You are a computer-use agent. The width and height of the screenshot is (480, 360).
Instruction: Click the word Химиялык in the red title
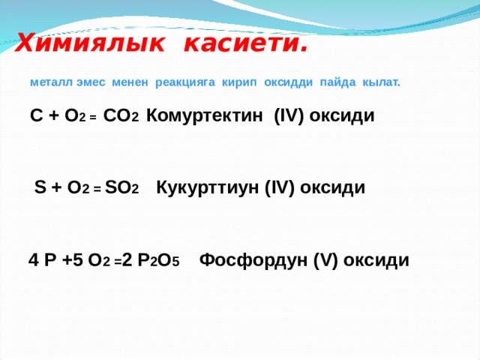(x=90, y=43)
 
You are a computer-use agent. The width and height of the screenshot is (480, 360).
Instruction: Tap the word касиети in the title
(x=245, y=43)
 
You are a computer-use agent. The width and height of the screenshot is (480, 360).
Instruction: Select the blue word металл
(x=52, y=82)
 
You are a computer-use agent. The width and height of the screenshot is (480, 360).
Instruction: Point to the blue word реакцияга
(x=185, y=82)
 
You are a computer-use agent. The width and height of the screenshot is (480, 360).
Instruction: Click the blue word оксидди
(x=288, y=82)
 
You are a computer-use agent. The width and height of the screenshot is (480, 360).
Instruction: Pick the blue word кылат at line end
(x=381, y=82)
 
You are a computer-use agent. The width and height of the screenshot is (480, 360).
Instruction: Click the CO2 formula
(x=121, y=115)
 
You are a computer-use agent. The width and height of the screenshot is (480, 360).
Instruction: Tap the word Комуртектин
(x=205, y=116)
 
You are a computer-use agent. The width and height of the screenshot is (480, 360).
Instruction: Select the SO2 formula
(x=121, y=187)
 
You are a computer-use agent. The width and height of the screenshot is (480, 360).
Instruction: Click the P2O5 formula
(x=158, y=260)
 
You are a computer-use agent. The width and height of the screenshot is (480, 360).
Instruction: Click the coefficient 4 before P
(x=33, y=260)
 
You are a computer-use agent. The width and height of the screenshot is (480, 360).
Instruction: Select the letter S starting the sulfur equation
(x=40, y=187)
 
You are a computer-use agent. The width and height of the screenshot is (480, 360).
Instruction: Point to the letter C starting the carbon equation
(x=37, y=115)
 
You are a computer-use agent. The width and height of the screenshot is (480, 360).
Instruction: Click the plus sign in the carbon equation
(x=54, y=116)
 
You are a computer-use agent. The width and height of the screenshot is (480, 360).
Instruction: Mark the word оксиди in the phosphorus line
(x=376, y=260)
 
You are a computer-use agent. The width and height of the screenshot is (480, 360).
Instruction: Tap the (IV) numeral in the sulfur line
(x=279, y=187)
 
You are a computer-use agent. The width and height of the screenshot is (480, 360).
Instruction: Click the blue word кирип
(x=239, y=82)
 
